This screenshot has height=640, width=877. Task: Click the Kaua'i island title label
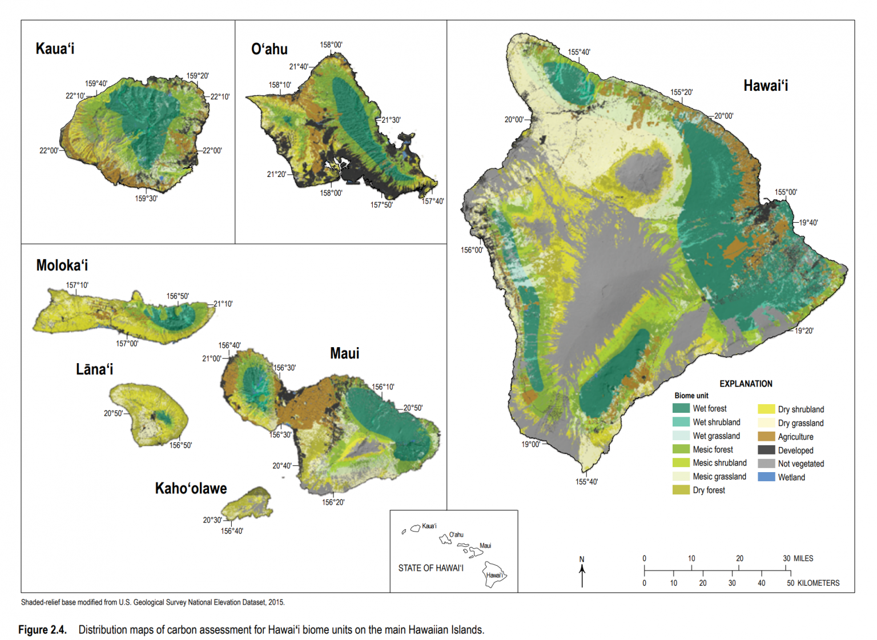[55, 49]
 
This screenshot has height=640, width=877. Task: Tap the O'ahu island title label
[269, 49]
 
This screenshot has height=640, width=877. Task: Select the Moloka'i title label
[62, 265]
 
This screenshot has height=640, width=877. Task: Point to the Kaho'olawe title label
[191, 489]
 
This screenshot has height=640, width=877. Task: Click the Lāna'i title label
[94, 369]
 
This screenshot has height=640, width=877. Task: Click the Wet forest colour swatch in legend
[681, 408]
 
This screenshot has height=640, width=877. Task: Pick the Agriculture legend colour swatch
[766, 437]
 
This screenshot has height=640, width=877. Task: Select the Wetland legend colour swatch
[766, 477]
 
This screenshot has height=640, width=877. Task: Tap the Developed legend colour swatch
[766, 450]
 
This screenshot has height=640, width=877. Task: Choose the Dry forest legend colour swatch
[681, 490]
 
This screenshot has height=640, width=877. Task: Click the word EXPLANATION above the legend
[745, 384]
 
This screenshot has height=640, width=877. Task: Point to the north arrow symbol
[582, 572]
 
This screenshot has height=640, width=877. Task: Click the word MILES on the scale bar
[803, 558]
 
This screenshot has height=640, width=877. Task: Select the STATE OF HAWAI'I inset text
[431, 568]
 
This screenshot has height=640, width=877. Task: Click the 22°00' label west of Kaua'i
[49, 151]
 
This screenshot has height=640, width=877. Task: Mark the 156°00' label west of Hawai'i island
[472, 250]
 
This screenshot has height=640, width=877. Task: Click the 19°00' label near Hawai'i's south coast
[530, 444]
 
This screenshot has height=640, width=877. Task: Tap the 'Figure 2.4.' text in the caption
[42, 630]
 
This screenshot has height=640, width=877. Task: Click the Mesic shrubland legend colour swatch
[681, 463]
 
